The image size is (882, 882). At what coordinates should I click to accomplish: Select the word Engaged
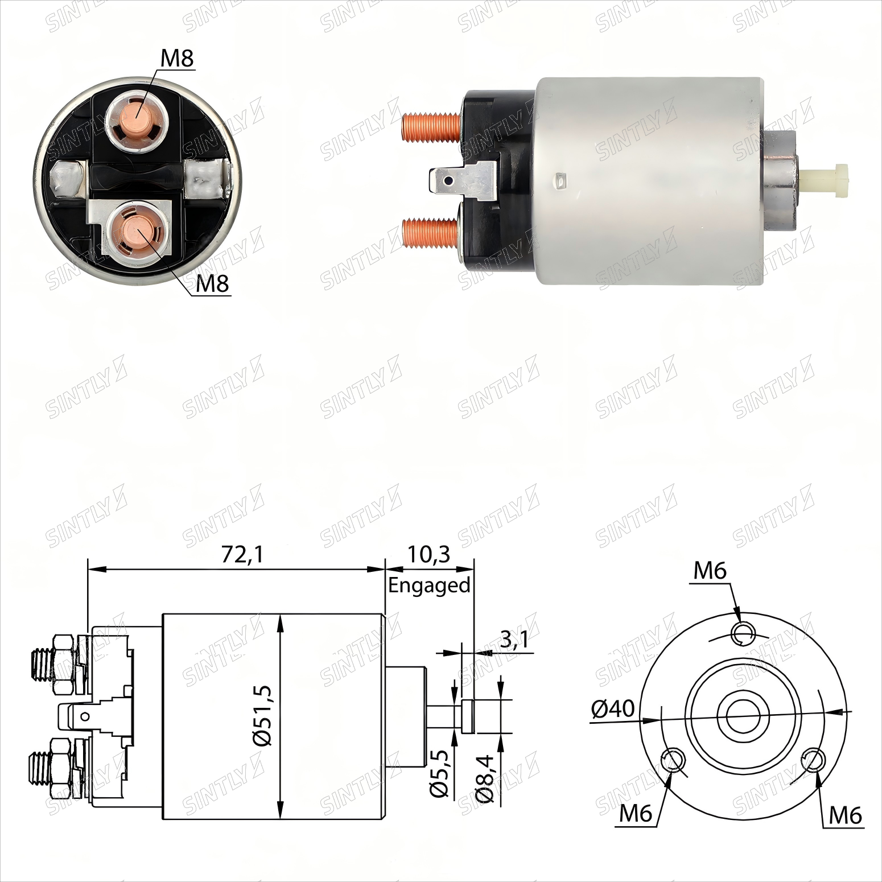430,586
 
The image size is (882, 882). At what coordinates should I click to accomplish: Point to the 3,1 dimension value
514,641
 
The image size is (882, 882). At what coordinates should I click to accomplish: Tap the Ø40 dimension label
612,708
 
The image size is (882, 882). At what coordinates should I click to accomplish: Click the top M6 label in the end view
710,570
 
